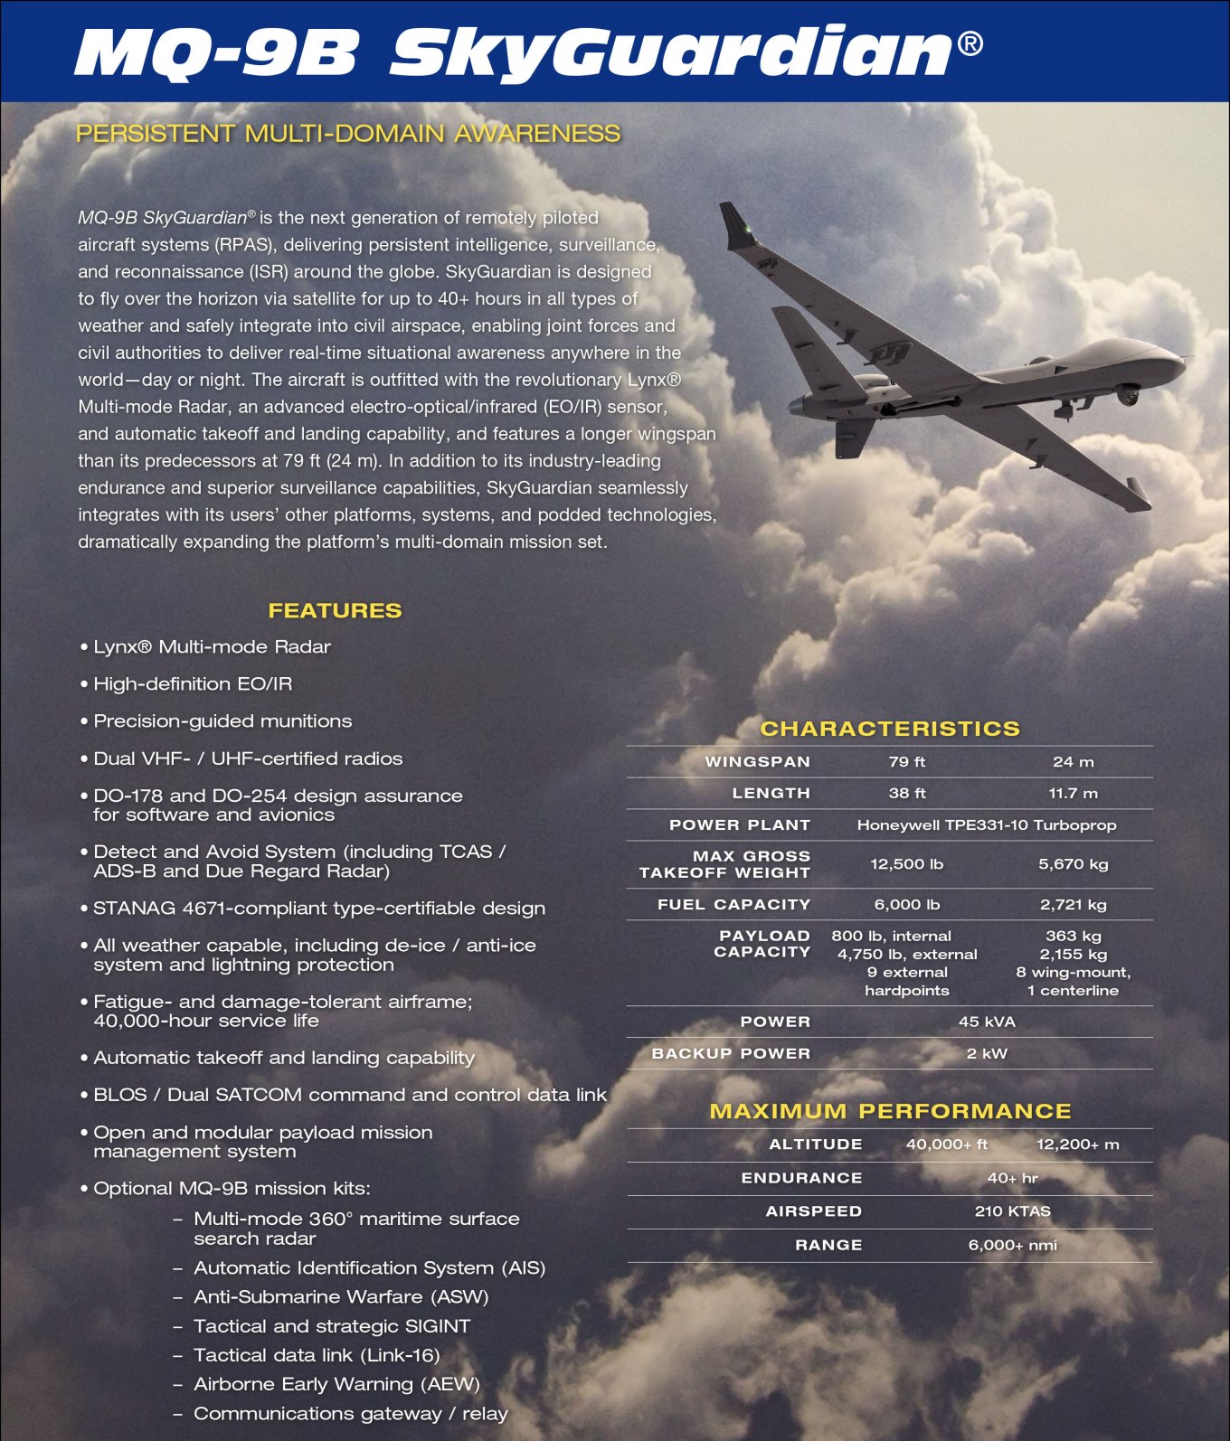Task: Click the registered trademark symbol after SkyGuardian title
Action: tap(970, 43)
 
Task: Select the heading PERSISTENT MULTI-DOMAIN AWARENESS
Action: tap(348, 134)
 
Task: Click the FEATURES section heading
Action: tap(335, 610)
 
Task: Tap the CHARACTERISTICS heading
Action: tap(890, 729)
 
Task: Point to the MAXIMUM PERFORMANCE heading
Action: tap(890, 1111)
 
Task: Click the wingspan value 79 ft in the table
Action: tap(906, 761)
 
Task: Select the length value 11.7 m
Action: tap(1073, 793)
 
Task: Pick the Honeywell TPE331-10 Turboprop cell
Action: tap(986, 824)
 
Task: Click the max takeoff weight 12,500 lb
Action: tap(906, 864)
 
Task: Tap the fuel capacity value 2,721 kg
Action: tap(1073, 904)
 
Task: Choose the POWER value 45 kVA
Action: tap(986, 1022)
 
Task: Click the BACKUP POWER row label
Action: tap(731, 1053)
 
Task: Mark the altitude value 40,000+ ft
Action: tap(947, 1144)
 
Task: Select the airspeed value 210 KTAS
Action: tap(1012, 1211)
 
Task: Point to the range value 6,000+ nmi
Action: tap(1012, 1245)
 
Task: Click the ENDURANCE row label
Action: tap(801, 1178)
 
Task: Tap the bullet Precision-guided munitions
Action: tap(222, 721)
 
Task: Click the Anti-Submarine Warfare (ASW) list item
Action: tap(341, 1297)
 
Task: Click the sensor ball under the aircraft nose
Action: tap(1128, 394)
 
